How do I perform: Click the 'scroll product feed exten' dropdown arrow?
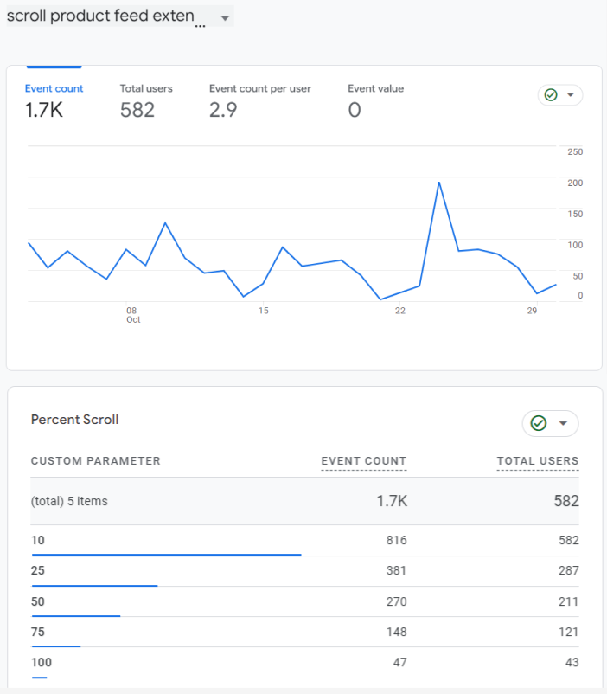tap(225, 18)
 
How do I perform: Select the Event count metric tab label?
tap(54, 88)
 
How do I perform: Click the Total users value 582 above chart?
tap(137, 110)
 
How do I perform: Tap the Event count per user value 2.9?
tap(223, 110)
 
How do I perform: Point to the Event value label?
tap(375, 88)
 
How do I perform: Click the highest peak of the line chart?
tap(439, 183)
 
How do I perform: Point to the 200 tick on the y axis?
tap(575, 183)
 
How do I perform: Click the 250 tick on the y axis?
tap(575, 151)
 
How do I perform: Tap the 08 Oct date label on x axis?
tap(133, 315)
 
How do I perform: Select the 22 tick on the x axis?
tap(400, 311)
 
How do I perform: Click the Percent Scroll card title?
tap(74, 420)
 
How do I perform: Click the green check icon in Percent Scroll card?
tap(539, 423)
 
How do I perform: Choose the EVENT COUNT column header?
tap(364, 460)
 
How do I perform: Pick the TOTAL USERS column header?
tap(538, 460)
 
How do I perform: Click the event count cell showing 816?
tap(396, 540)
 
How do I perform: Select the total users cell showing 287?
tap(568, 570)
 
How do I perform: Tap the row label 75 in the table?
tap(37, 632)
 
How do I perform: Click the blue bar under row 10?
tap(166, 555)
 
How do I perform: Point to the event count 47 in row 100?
tap(400, 662)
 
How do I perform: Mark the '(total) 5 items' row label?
tap(69, 501)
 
